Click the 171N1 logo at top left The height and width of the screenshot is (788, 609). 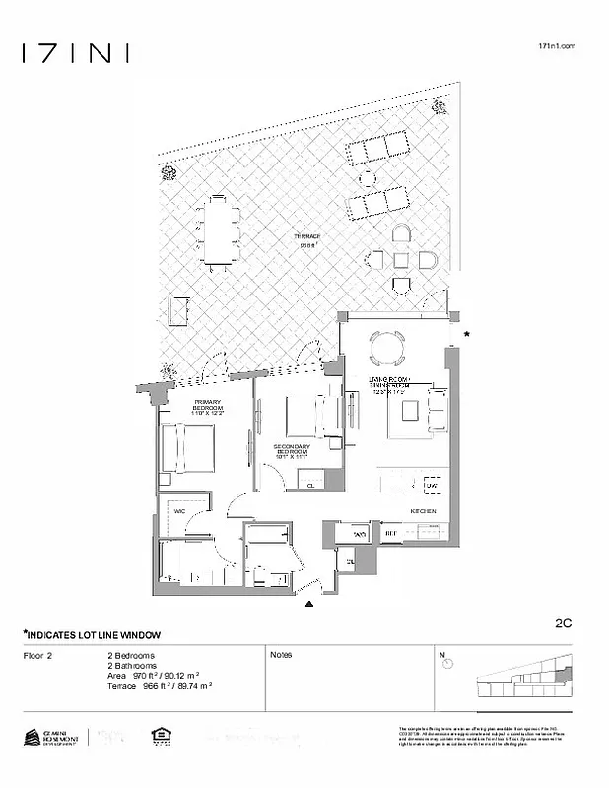click(x=75, y=53)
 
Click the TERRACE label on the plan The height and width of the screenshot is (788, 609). click(x=307, y=237)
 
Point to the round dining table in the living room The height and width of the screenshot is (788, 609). click(x=384, y=348)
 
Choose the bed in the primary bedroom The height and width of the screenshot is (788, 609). click(x=188, y=448)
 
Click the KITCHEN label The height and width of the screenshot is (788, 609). click(x=423, y=510)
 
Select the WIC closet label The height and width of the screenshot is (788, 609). click(x=180, y=512)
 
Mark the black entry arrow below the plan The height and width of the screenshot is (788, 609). click(x=310, y=603)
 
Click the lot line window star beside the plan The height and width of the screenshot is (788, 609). click(x=467, y=336)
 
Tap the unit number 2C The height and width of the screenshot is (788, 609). click(x=564, y=623)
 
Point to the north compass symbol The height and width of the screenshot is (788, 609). click(x=448, y=663)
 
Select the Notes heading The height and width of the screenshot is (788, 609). click(x=281, y=654)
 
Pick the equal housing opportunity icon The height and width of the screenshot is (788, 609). click(x=157, y=736)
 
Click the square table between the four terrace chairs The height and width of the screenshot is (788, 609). click(x=400, y=260)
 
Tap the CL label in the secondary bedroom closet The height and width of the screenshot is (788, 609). click(x=309, y=486)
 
